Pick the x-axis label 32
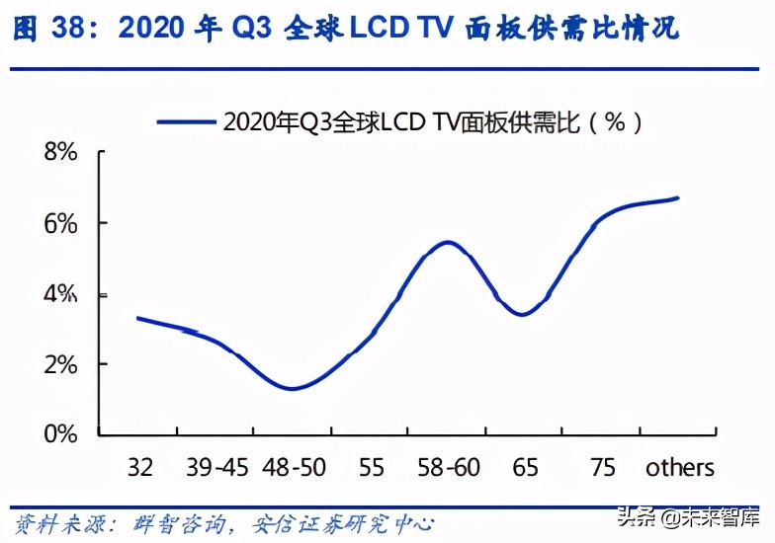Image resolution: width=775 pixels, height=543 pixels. click(x=140, y=467)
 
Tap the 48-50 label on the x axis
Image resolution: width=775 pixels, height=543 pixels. click(x=295, y=467)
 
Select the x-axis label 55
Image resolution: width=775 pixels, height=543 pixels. click(x=371, y=467)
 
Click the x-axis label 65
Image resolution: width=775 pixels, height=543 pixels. click(x=525, y=467)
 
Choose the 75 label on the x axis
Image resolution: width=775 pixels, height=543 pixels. click(x=602, y=467)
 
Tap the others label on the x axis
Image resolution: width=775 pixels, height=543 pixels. click(x=679, y=467)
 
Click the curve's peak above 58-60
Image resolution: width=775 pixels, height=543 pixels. click(x=448, y=242)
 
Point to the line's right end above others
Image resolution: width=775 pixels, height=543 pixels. click(x=678, y=198)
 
